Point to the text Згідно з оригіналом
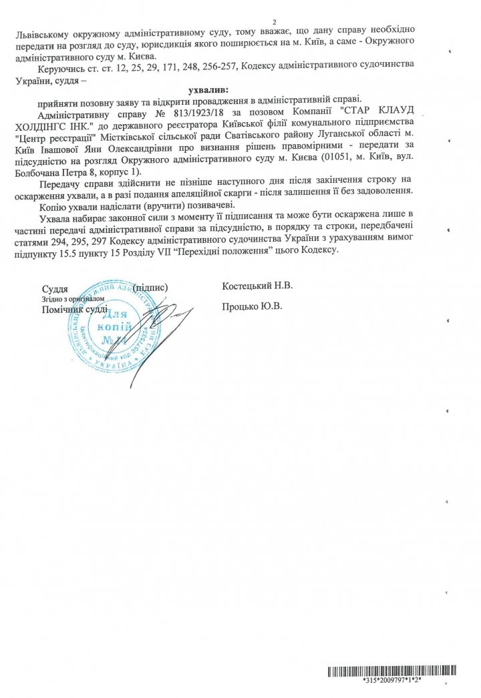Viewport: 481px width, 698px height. (x=65, y=299)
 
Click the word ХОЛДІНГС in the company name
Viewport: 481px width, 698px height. (x=71, y=124)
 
